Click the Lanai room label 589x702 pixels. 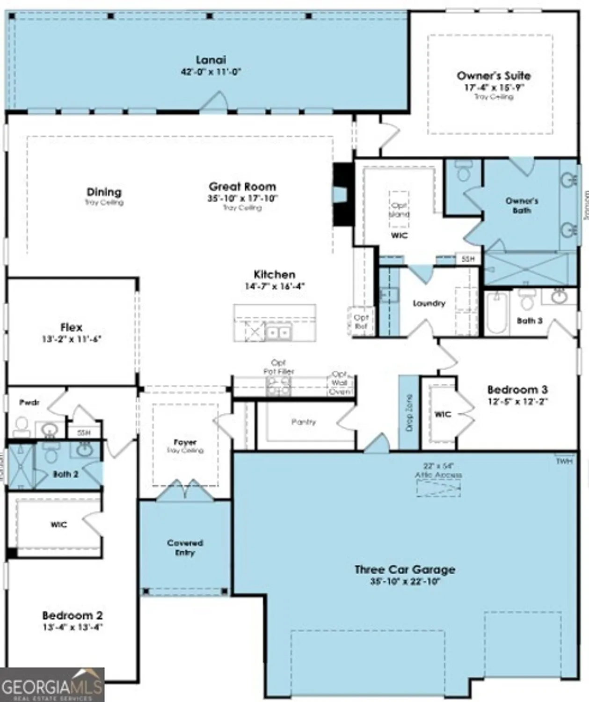coord(211,60)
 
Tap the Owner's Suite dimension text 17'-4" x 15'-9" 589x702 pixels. coord(494,88)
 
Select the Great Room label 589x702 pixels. coord(242,186)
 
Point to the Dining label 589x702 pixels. coord(104,192)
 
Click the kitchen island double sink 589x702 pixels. coord(278,333)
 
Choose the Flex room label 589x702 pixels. coord(71,327)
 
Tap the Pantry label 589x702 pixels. coord(304,422)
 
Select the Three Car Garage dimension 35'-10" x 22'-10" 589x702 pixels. coord(405,582)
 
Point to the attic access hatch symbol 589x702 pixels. coord(438,489)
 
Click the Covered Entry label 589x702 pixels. coord(185,548)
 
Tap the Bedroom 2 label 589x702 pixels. coord(72,615)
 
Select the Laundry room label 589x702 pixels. coord(429,303)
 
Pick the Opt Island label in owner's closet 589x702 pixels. coord(399,210)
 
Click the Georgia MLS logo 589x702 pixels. coord(52,685)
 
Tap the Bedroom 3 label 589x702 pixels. coord(517,389)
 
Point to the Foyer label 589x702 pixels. coord(185,442)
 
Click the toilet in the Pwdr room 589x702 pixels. coord(22,426)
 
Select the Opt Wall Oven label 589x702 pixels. coord(340,383)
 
